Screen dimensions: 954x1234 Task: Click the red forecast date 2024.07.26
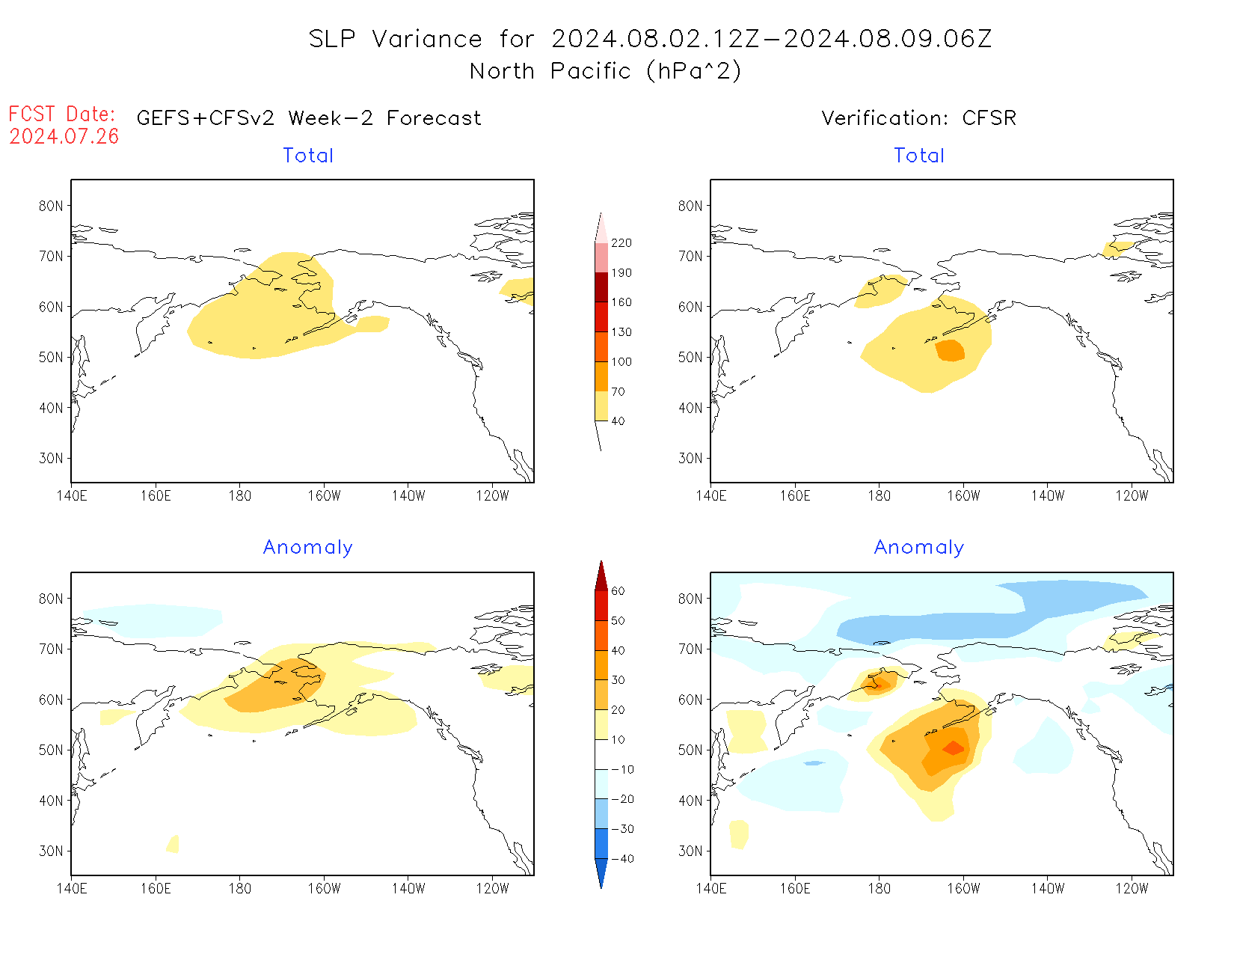64,136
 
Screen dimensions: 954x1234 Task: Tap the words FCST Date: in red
62,114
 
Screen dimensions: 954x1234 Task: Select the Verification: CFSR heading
918,118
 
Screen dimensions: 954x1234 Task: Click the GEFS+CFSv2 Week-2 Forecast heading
309,118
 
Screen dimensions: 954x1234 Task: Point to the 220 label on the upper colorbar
621,243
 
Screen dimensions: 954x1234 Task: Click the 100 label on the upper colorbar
621,361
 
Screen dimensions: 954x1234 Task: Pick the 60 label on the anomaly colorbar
618,591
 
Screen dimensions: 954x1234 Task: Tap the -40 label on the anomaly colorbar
621,859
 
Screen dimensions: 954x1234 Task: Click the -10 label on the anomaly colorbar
621,769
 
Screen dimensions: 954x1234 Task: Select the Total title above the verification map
919,156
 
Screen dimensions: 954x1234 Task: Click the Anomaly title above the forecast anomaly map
307,548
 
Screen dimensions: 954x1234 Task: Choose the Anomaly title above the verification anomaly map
919,548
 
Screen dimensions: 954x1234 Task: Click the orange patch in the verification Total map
951,350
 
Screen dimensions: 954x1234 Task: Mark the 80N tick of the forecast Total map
51,207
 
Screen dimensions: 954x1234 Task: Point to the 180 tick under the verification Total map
879,495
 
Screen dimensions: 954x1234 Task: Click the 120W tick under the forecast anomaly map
492,889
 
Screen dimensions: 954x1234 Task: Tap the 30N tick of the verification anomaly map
690,851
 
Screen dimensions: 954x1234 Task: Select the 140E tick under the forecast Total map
72,495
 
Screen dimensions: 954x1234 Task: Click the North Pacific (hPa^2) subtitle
605,71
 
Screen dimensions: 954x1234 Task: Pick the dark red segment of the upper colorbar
601,287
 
